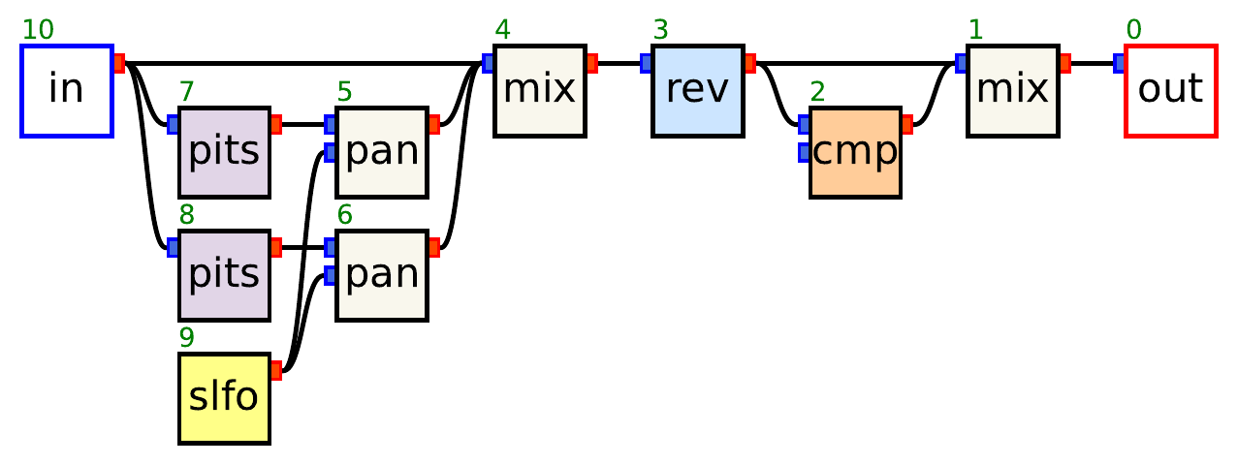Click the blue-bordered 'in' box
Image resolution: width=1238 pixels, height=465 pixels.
[67, 91]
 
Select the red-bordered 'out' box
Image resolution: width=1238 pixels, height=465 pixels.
[1170, 91]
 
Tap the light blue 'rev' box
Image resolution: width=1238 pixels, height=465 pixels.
[697, 91]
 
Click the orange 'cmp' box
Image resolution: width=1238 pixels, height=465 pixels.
[855, 153]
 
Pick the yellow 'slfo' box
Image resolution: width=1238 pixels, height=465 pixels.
[224, 399]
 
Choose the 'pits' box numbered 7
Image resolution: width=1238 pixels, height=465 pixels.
[224, 153]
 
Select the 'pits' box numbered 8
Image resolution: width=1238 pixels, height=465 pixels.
[224, 276]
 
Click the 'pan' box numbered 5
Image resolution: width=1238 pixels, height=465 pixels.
[382, 153]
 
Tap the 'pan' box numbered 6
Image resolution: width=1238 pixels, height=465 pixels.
[382, 276]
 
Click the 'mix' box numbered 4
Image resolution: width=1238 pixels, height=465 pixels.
[539, 91]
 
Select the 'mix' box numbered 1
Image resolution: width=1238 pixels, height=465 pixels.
[1012, 91]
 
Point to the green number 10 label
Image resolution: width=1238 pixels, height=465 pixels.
[38, 30]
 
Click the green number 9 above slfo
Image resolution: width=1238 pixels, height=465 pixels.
[186, 338]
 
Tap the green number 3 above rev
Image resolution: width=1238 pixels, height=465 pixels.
[660, 30]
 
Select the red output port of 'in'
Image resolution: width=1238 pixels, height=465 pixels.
[119, 64]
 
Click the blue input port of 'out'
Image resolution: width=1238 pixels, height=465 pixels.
[1119, 64]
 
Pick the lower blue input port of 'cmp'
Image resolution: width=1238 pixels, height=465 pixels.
[804, 152]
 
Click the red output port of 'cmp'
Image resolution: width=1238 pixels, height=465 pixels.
[907, 124]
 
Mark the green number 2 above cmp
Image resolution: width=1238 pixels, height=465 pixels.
[817, 92]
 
